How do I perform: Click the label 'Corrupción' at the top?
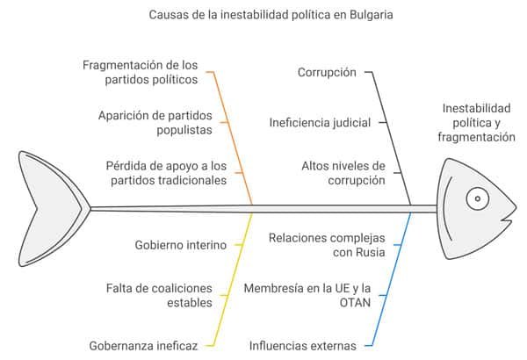click(x=328, y=72)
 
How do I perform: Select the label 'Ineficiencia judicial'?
click(x=320, y=122)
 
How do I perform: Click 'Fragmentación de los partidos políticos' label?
click(x=141, y=72)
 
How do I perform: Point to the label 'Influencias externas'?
click(x=303, y=345)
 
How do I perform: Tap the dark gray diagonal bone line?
click(x=393, y=132)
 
